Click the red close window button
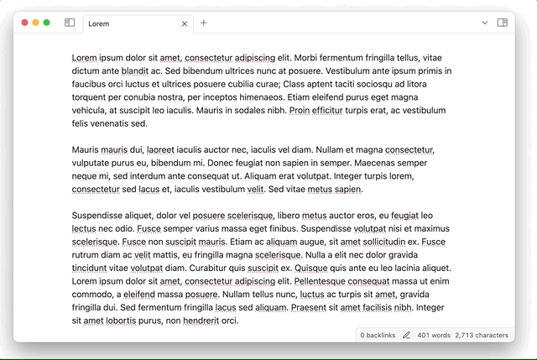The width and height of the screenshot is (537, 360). point(25,23)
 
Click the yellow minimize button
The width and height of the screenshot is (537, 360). point(36,23)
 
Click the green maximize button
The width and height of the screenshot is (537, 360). point(47,23)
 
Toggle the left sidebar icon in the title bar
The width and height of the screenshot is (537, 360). point(70,23)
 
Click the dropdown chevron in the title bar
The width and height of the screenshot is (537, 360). point(484,23)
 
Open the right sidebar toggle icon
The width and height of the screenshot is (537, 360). point(502,23)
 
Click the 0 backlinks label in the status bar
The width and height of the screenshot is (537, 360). point(378,335)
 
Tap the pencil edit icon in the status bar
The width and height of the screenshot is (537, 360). point(406,335)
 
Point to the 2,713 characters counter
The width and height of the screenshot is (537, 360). point(482,335)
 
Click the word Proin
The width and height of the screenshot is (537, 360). point(305,111)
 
